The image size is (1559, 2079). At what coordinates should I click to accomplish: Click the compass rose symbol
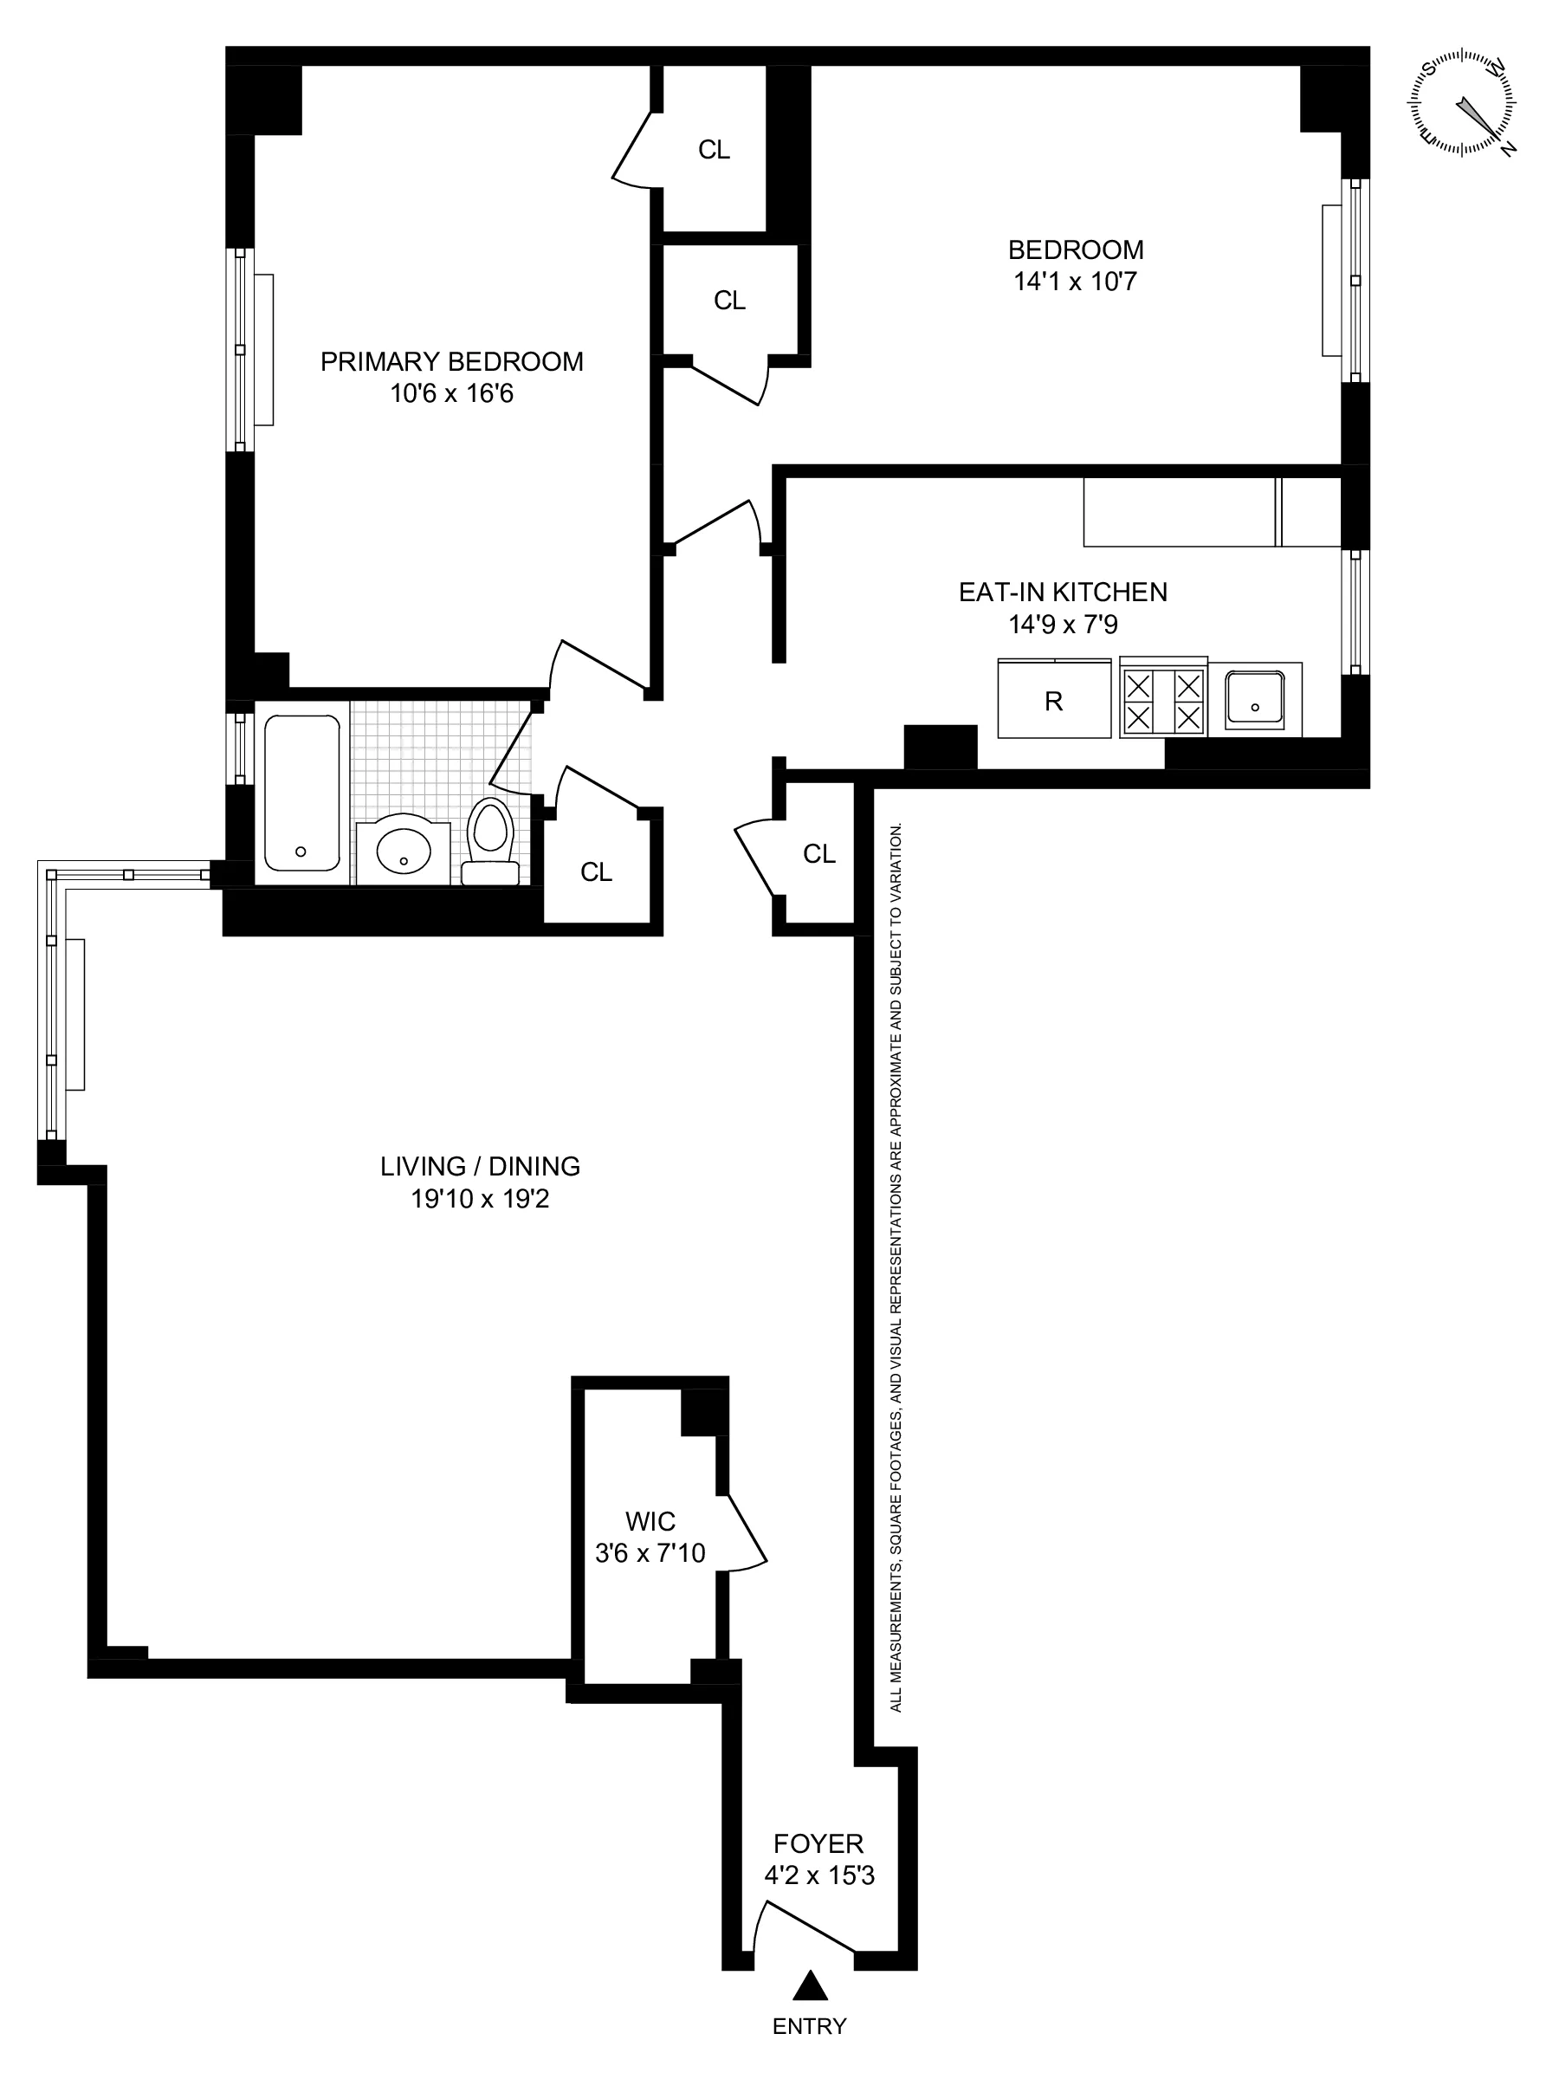[x=1462, y=103]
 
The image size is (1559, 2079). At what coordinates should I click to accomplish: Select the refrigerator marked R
[x=1053, y=701]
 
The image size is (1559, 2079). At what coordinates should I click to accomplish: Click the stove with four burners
[x=1163, y=700]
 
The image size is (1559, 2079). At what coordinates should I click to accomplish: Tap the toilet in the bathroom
[x=490, y=841]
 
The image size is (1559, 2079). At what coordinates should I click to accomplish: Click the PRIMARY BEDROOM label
[x=451, y=362]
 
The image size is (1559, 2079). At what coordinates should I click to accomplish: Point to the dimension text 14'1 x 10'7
[x=1075, y=281]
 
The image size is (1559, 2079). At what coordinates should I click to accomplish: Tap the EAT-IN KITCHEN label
[x=1063, y=593]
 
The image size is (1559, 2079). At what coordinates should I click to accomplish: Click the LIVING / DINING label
[x=480, y=1166]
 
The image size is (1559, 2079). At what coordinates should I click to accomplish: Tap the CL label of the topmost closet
[x=714, y=150]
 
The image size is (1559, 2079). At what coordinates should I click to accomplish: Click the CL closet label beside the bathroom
[x=596, y=872]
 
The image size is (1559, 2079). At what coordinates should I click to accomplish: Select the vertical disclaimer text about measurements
[x=896, y=1269]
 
